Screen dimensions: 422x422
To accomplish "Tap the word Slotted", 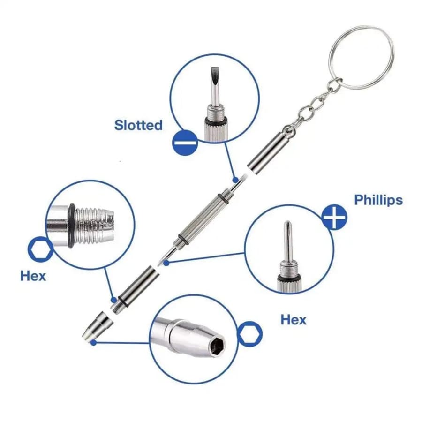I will pyautogui.click(x=138, y=125).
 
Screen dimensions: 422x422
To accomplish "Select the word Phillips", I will pyautogui.click(x=378, y=200).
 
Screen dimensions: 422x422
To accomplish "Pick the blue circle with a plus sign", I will pyautogui.click(x=334, y=217).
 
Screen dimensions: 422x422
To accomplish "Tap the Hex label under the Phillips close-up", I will pyautogui.click(x=294, y=320).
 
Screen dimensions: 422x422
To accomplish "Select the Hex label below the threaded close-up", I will pyautogui.click(x=33, y=276).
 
